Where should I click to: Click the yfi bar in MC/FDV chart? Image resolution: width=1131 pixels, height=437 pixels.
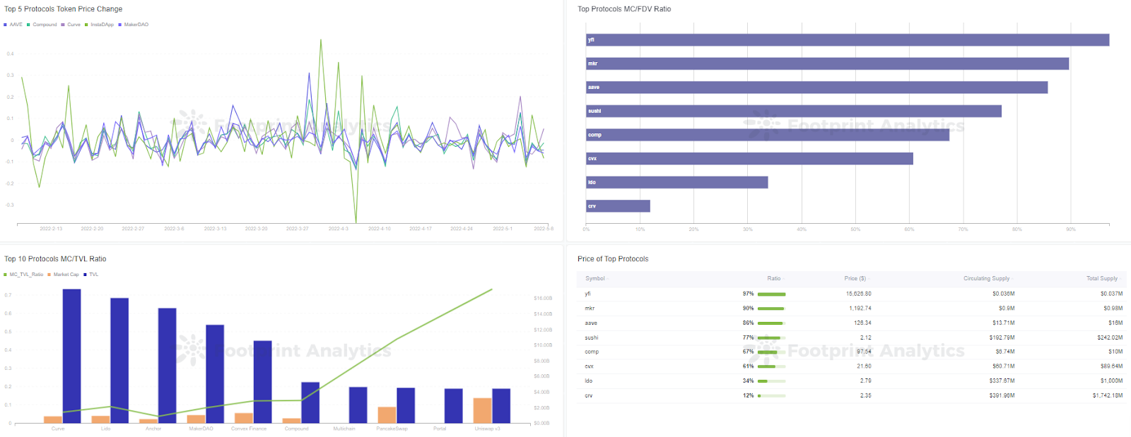point(847,40)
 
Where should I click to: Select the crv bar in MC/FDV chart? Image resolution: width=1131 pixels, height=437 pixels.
point(618,206)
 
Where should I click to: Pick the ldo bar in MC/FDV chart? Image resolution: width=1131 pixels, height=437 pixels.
point(676,182)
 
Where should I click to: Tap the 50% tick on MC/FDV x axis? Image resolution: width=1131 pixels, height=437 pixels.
point(855,229)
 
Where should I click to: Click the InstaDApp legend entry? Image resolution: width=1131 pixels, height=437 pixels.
point(102,25)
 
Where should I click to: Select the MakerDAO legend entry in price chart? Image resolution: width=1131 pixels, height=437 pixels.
point(136,25)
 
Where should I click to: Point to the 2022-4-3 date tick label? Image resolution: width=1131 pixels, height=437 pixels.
point(339,229)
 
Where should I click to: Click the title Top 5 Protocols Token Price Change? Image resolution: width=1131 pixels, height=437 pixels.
point(64,9)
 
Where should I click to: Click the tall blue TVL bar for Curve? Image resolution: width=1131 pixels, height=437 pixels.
point(71,356)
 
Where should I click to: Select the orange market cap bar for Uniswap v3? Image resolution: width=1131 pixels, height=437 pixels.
point(482,410)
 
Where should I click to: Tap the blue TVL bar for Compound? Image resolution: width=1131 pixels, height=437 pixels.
point(310,402)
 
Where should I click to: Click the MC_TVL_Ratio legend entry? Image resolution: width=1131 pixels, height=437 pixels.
point(26,275)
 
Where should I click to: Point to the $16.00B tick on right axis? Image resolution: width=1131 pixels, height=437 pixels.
point(542,299)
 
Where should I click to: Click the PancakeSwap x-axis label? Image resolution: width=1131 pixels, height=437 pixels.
point(392,429)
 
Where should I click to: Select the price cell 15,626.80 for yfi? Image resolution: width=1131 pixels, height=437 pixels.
point(858,294)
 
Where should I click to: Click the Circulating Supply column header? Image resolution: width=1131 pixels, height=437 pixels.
point(986,278)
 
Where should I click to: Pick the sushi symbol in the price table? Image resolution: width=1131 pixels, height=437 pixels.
point(592,337)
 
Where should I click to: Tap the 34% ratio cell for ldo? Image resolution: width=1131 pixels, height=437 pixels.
point(748,381)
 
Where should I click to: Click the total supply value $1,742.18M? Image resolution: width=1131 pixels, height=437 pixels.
point(1107,395)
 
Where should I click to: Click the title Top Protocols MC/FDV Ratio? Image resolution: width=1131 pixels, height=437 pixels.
point(624,9)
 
